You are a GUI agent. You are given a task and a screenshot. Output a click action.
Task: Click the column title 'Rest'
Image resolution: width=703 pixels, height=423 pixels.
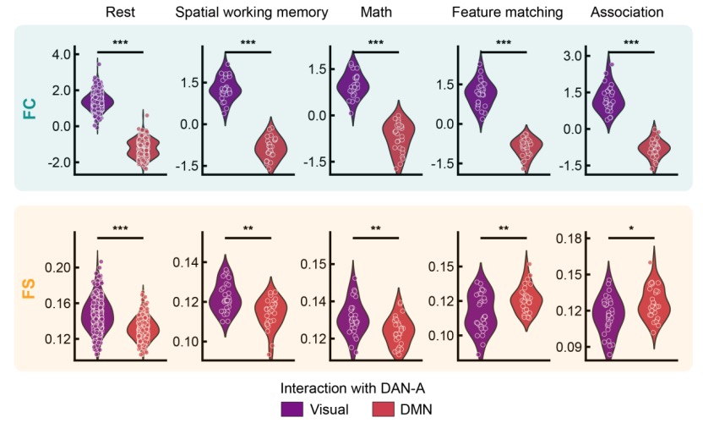click(122, 13)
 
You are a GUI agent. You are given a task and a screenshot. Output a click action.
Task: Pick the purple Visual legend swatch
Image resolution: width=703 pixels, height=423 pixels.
click(292, 408)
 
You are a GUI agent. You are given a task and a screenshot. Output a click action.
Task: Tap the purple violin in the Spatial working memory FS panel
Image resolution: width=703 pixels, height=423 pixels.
click(226, 298)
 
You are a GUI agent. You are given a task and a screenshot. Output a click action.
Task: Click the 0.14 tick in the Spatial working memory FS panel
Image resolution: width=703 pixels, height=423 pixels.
click(185, 263)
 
